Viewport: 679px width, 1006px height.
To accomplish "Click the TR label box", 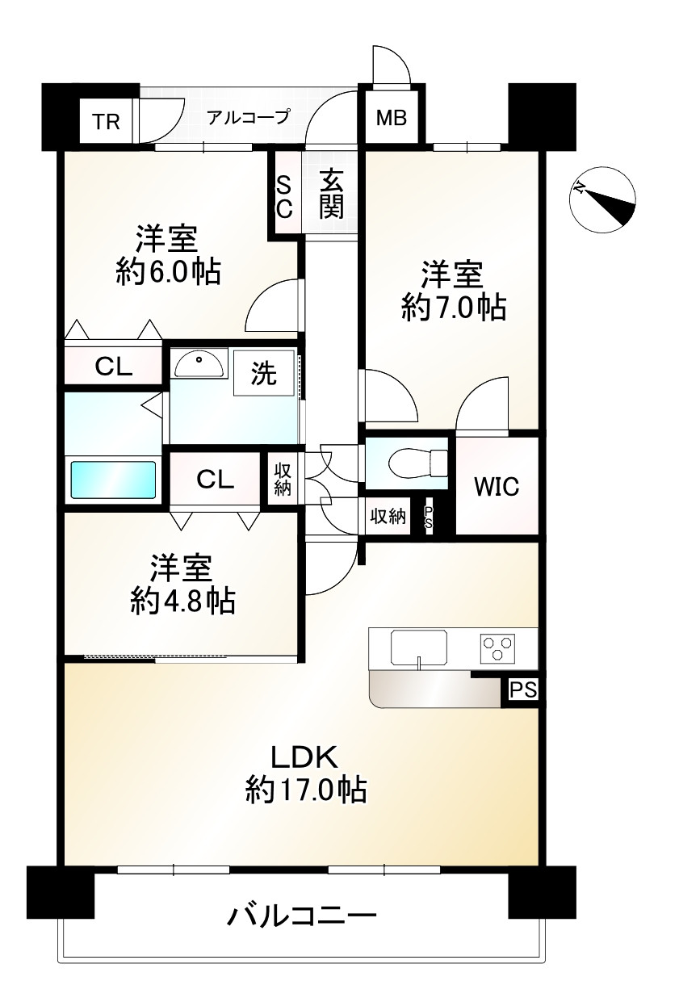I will coord(106,122).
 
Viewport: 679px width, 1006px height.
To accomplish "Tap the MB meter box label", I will coord(392,119).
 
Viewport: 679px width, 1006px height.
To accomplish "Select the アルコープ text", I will coord(247,118).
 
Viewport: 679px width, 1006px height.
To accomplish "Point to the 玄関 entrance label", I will coord(332,195).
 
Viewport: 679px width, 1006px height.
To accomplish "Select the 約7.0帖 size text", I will coord(454,307).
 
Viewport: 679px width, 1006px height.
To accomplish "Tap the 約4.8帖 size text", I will coord(182,600).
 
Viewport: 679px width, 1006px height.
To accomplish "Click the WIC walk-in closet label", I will coord(497,487).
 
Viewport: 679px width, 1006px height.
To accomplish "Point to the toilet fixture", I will coord(416,463).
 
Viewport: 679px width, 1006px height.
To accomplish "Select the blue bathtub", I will coord(112,480).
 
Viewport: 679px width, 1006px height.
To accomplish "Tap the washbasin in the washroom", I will coord(199,364).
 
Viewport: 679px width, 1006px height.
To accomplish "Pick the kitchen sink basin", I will coord(419,648).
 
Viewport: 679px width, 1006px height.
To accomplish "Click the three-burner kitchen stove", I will coord(497,648).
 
